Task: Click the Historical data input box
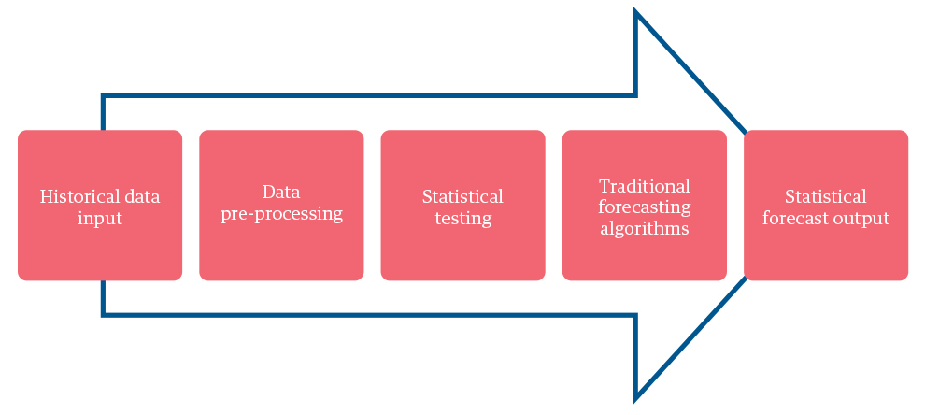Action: pyautogui.click(x=100, y=206)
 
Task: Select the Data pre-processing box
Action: pyautogui.click(x=281, y=206)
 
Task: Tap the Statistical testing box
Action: pyautogui.click(x=463, y=206)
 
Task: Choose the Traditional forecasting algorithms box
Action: pyautogui.click(x=645, y=206)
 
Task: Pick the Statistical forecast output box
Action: pyautogui.click(x=826, y=206)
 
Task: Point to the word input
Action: pyautogui.click(x=100, y=219)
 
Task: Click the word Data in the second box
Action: pyautogui.click(x=281, y=192)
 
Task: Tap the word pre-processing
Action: pyautogui.click(x=281, y=214)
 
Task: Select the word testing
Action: pyautogui.click(x=463, y=219)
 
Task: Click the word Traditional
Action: pyautogui.click(x=645, y=186)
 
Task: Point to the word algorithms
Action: pyautogui.click(x=645, y=228)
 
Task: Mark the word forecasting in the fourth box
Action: pyautogui.click(x=645, y=207)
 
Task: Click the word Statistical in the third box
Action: pyautogui.click(x=463, y=196)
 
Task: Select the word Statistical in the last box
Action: pyautogui.click(x=826, y=196)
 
